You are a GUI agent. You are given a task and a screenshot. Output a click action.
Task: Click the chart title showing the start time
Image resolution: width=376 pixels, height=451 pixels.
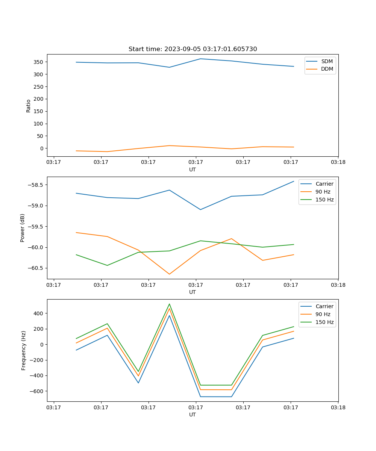pyautogui.click(x=193, y=49)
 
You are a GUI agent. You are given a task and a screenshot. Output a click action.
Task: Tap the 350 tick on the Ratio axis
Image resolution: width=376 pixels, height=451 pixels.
pyautogui.click(x=39, y=62)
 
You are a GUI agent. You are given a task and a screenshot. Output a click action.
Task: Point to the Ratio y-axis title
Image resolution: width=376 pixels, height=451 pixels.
pyautogui.click(x=28, y=106)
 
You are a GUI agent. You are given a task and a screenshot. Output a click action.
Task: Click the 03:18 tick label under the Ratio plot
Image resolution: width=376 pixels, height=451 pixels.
pyautogui.click(x=338, y=162)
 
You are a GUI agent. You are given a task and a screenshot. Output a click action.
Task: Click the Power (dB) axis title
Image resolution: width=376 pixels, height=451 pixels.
pyautogui.click(x=23, y=228)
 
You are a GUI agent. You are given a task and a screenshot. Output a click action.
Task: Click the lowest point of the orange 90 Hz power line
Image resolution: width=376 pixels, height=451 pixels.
pyautogui.click(x=169, y=274)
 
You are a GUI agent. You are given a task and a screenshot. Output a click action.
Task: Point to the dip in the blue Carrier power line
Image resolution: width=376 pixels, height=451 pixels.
pyautogui.click(x=200, y=209)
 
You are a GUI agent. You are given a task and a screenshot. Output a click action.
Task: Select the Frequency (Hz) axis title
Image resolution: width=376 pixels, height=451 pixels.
pyautogui.click(x=23, y=350)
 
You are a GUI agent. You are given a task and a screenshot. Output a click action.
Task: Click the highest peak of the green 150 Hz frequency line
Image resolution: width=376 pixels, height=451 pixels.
pyautogui.click(x=169, y=304)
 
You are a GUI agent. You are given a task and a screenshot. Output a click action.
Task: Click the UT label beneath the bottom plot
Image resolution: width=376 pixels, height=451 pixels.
pyautogui.click(x=193, y=415)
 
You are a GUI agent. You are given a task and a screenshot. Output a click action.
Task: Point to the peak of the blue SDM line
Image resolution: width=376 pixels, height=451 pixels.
pyautogui.click(x=200, y=59)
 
